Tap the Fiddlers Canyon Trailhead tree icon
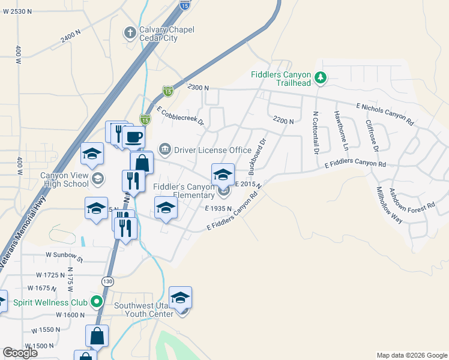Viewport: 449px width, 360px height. pos(321,77)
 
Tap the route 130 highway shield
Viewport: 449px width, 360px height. pos(107,281)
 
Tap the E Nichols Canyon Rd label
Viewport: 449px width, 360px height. pos(385,113)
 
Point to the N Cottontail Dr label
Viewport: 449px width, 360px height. pos(315,131)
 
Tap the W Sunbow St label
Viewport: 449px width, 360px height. pos(64,254)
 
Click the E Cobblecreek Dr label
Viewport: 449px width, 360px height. pos(181,118)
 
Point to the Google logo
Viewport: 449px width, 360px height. pos(20,353)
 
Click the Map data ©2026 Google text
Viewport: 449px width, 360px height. pos(411,355)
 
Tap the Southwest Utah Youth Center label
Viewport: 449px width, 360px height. pos(144,309)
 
